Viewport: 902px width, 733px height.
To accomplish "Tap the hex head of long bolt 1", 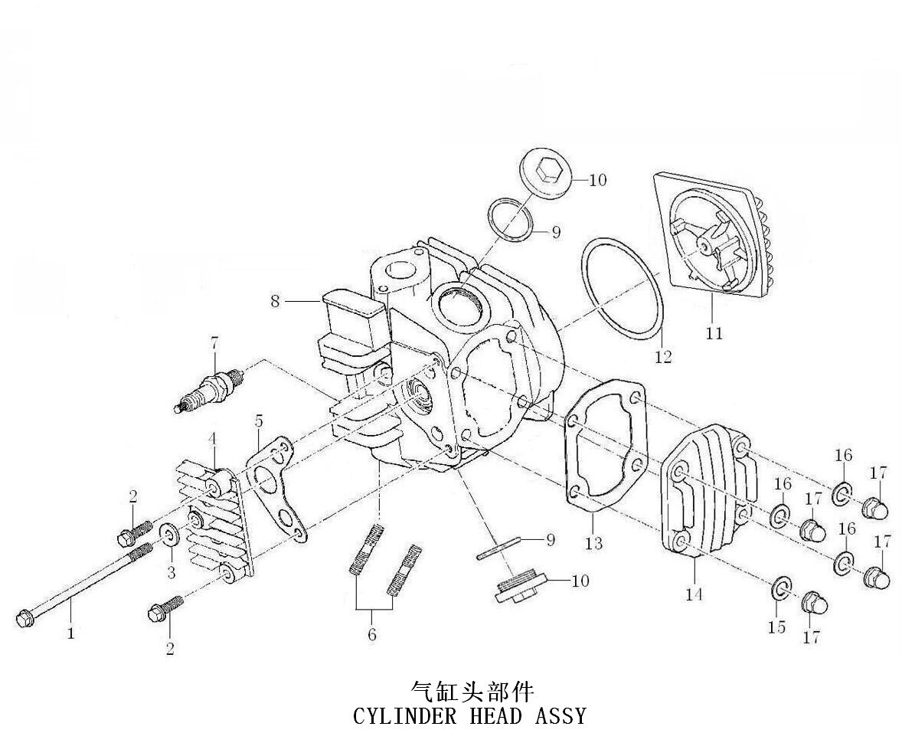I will click(24, 617).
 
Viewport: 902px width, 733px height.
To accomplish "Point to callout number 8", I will click(276, 301).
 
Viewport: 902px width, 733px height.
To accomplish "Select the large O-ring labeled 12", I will click(621, 287).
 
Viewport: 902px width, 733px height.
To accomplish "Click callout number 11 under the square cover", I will click(714, 333).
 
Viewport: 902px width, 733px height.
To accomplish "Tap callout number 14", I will click(694, 594).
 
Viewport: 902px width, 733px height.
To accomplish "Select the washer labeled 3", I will click(169, 535).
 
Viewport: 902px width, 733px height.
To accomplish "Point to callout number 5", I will click(259, 420).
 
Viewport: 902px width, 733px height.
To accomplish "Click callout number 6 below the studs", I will click(372, 634).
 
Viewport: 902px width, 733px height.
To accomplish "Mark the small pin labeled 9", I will click(498, 548).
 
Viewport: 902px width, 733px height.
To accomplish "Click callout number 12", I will click(662, 356).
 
